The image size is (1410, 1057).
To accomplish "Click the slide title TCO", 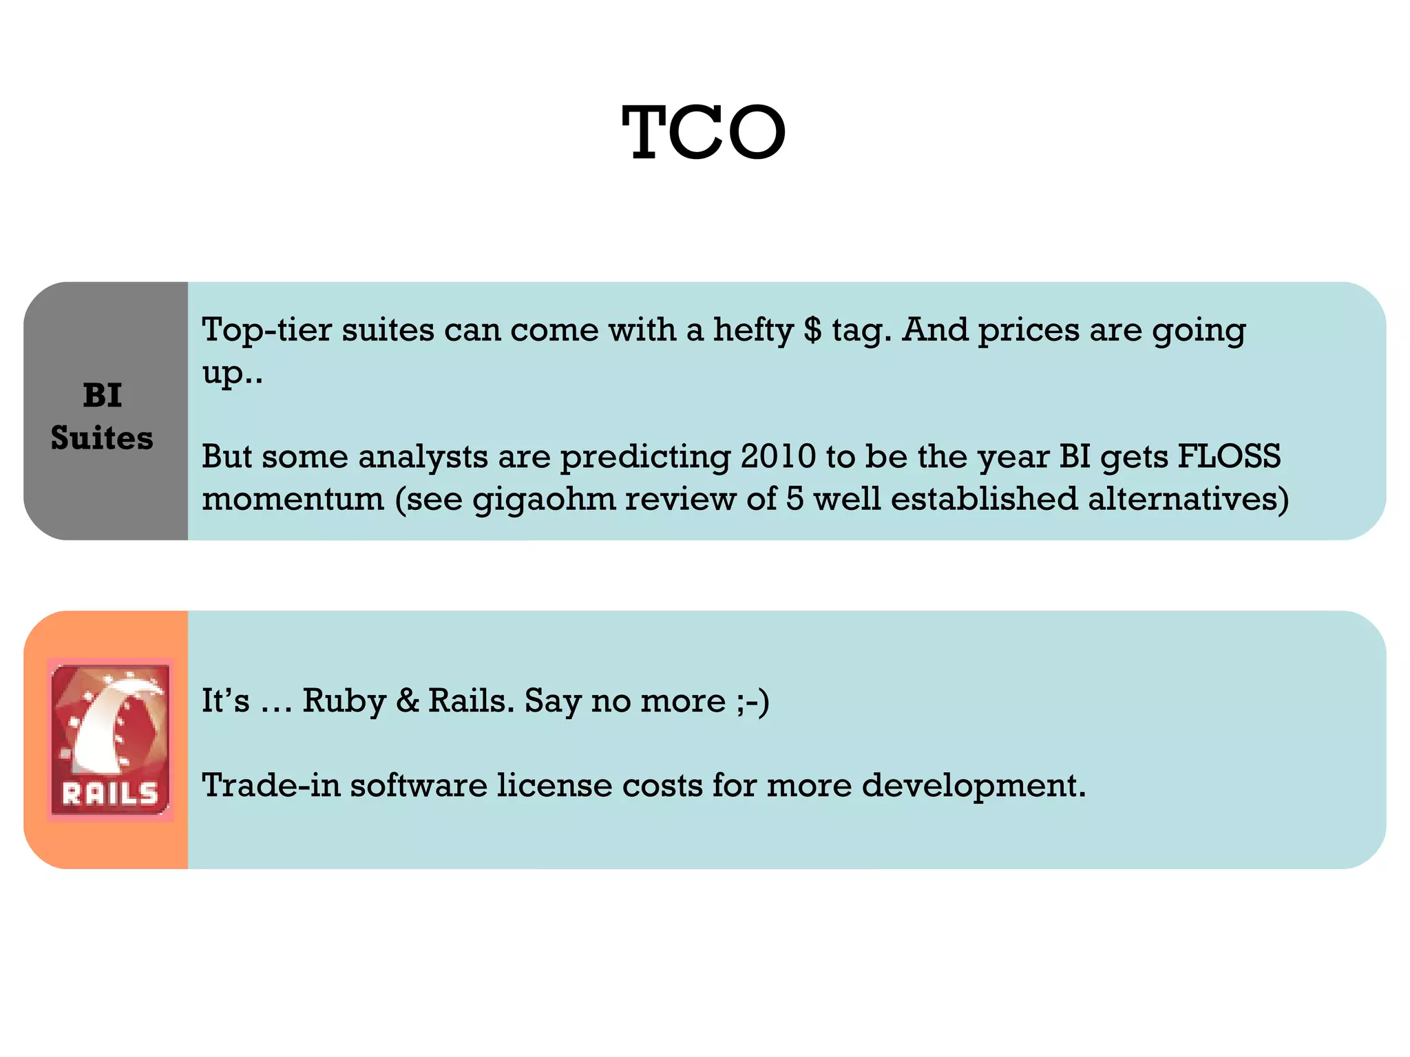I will [x=704, y=132].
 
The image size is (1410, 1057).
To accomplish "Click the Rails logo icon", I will [x=110, y=739].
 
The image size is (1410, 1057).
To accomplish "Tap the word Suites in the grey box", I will [x=102, y=438].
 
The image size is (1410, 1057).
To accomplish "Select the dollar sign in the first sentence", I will [x=812, y=330].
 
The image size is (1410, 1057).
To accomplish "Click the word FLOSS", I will [x=1229, y=456].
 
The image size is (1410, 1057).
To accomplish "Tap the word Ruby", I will [x=344, y=701].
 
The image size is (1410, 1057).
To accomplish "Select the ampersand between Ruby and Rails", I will [x=408, y=701].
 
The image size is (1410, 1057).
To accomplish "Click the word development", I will [x=974, y=785].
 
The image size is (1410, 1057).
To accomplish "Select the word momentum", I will [x=293, y=499].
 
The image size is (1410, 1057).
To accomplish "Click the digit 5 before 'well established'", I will [x=795, y=499].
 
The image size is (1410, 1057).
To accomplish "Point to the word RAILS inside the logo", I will [x=110, y=795].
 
